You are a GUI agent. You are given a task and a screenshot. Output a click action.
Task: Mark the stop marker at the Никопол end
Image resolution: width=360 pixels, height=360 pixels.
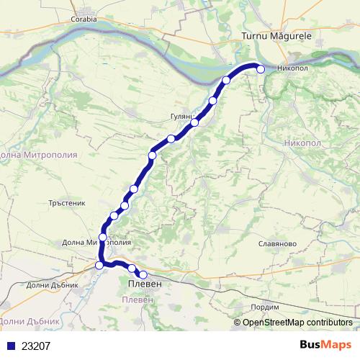261,70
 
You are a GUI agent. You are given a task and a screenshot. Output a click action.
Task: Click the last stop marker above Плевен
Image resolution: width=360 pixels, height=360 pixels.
143,274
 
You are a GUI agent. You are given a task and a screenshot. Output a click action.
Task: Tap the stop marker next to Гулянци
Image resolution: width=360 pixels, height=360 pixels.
194,123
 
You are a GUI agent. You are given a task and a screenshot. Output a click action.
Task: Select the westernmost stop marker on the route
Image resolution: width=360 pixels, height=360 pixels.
99,266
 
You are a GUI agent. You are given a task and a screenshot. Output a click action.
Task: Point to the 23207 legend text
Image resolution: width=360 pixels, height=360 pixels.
35,346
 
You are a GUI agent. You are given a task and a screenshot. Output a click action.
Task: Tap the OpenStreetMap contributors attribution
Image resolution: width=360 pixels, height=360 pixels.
297,323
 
